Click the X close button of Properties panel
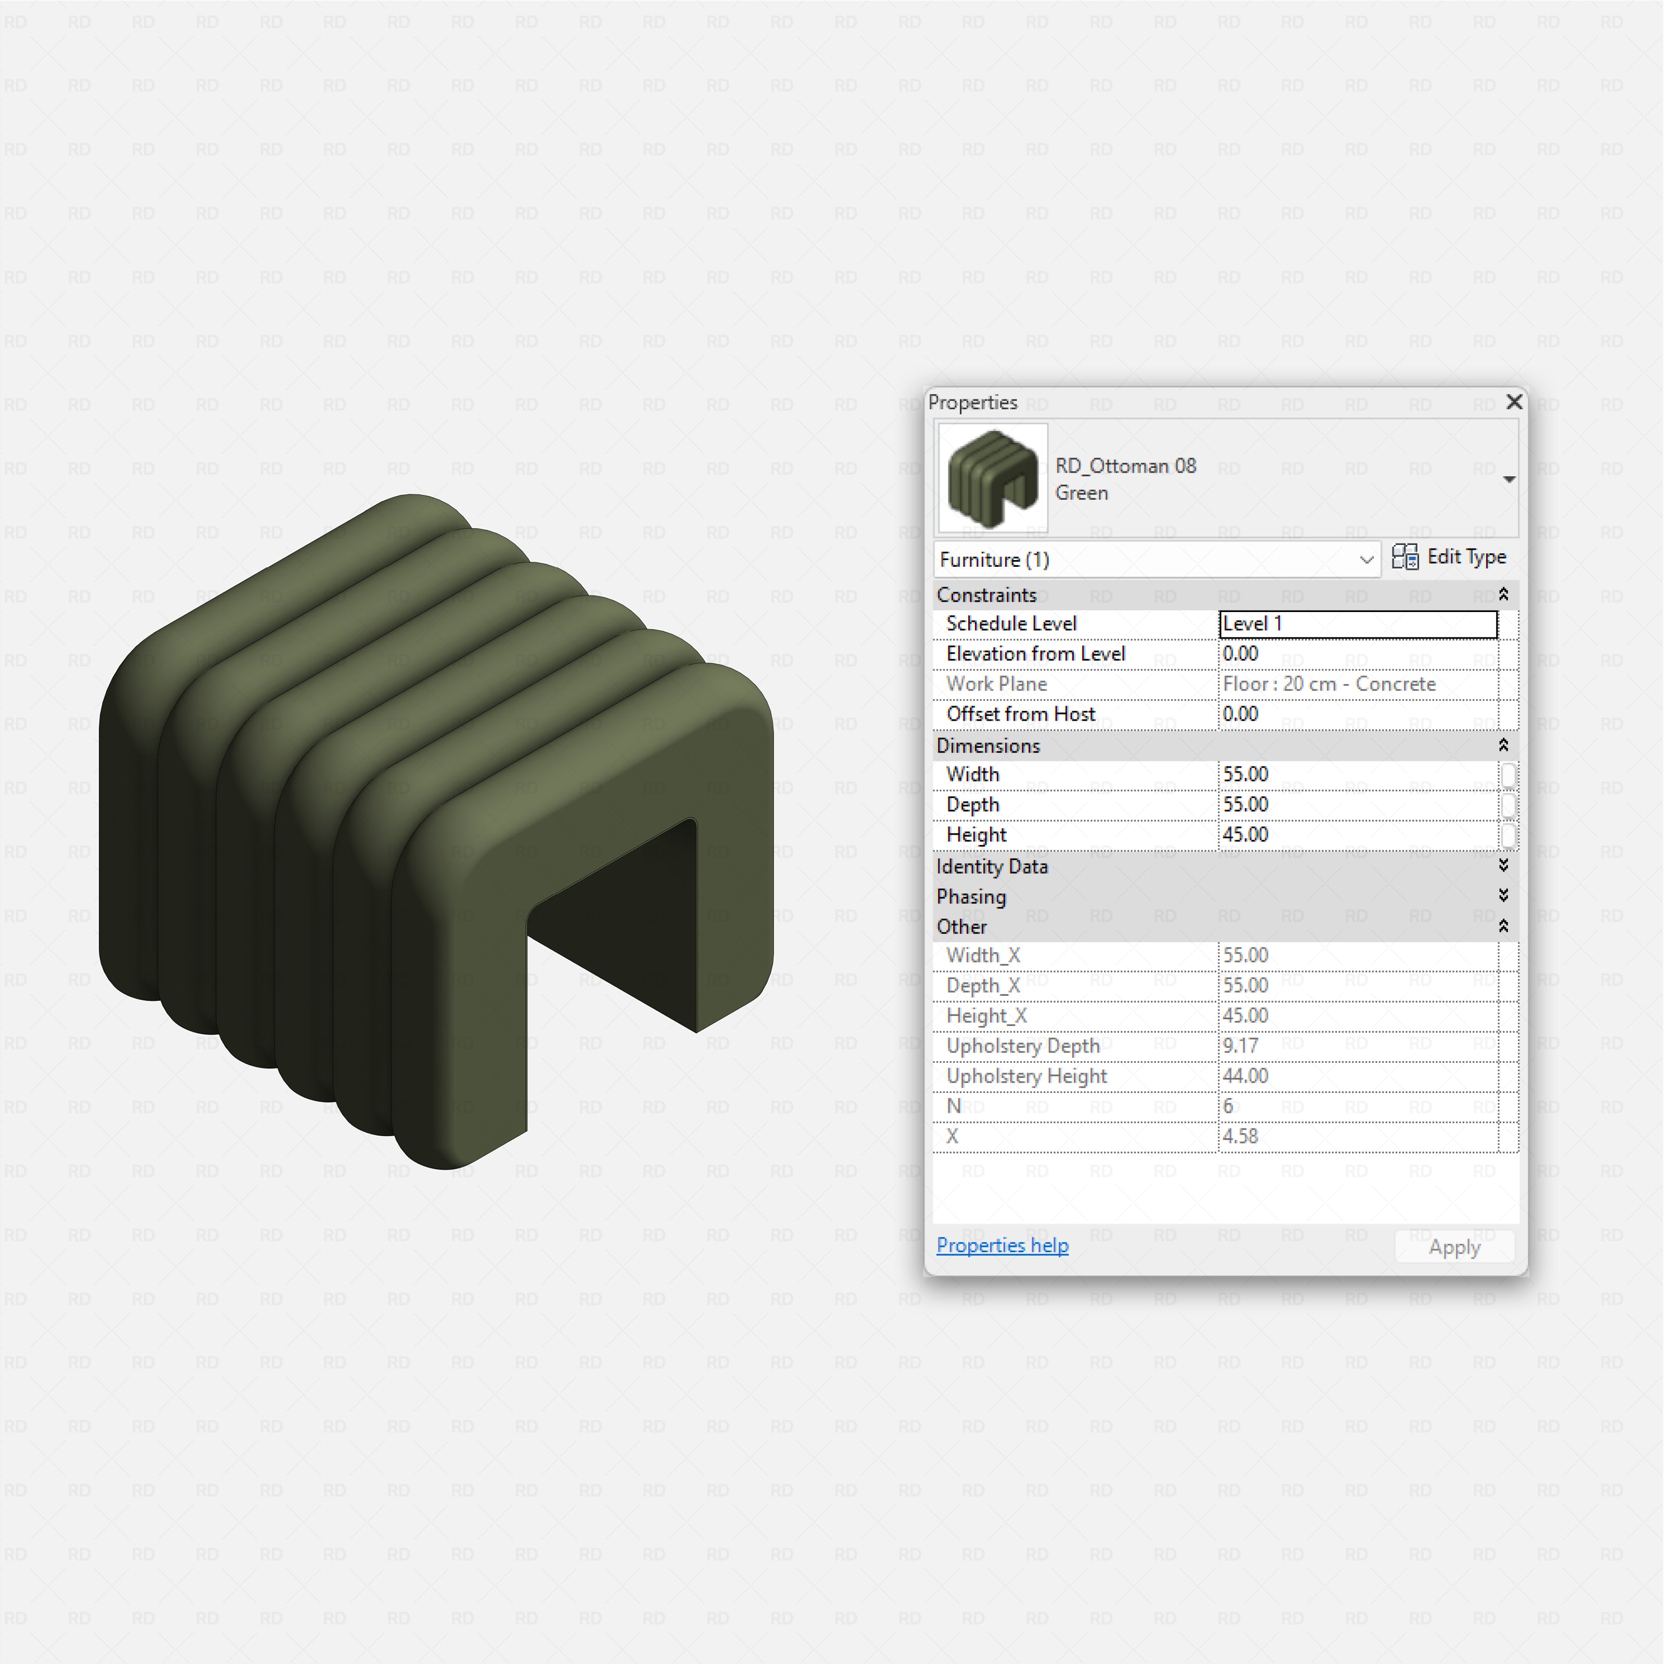1513,402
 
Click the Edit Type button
1450,557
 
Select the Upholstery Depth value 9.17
1357,1046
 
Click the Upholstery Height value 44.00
1357,1076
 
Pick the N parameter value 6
1357,1106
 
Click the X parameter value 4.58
1357,1136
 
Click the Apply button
1454,1247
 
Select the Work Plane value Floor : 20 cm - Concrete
1357,684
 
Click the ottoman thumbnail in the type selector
992,478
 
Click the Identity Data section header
992,866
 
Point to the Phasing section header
971,896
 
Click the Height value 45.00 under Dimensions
1357,835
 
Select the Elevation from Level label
1035,654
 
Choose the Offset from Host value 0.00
1357,714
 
